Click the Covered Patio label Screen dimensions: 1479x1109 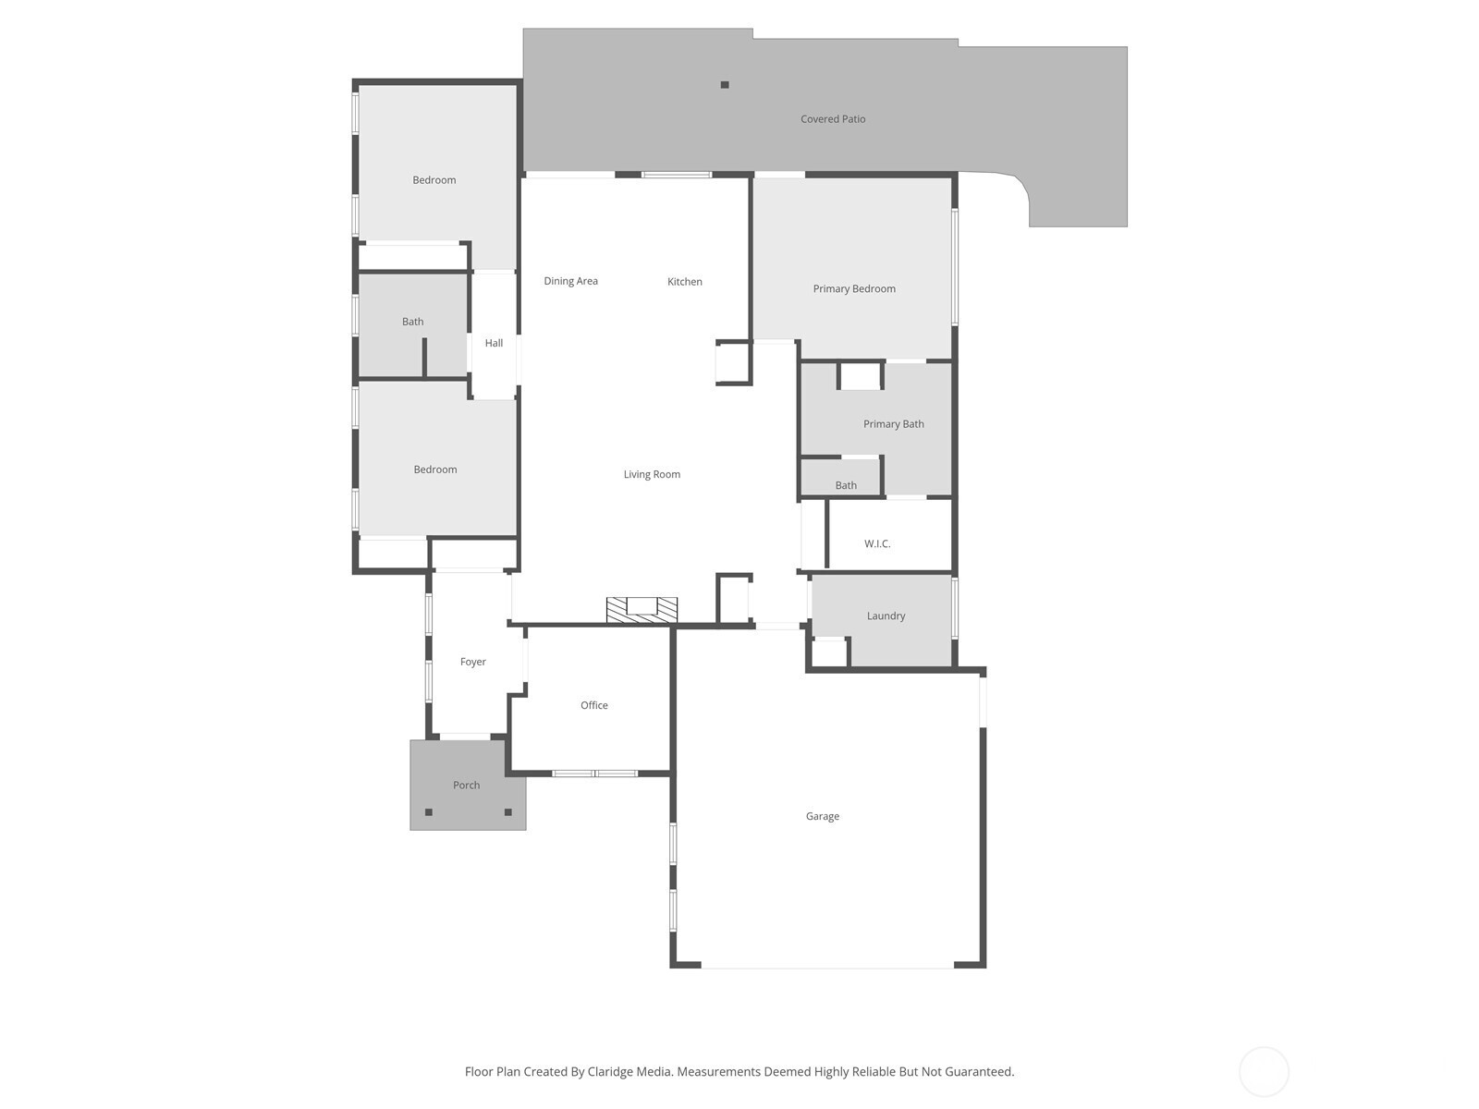point(832,119)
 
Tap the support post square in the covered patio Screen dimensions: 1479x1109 point(725,85)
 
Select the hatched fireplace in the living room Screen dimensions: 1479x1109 point(642,609)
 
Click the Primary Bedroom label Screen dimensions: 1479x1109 point(854,289)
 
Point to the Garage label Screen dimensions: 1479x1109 point(822,816)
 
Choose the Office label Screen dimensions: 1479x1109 point(593,705)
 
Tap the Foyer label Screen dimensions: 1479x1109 point(472,662)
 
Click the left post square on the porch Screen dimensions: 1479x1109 point(429,812)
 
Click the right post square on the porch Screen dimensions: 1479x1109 point(508,812)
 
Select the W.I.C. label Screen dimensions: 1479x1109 point(876,543)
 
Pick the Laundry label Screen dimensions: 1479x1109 point(886,616)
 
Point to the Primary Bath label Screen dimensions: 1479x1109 point(894,424)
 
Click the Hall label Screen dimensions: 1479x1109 point(494,343)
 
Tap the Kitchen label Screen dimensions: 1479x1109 point(685,282)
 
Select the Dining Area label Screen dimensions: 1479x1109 point(570,281)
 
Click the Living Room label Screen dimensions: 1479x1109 point(652,474)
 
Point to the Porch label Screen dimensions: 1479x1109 point(466,786)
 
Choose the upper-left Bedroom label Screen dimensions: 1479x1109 point(434,180)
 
